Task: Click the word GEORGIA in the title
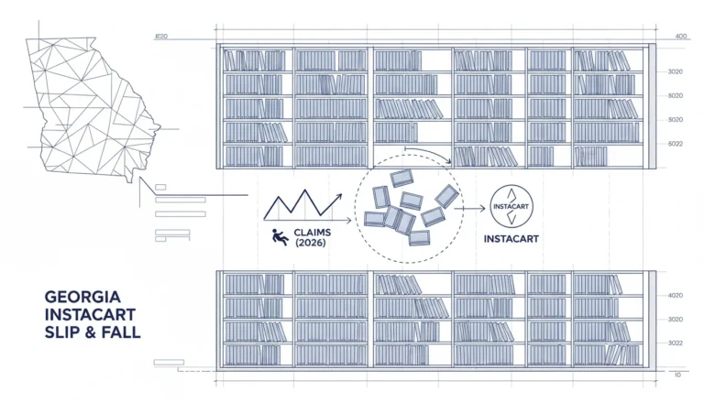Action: [x=82, y=297]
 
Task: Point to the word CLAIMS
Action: [x=313, y=233]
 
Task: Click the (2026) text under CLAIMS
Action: [x=311, y=243]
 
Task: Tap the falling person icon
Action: [x=280, y=237]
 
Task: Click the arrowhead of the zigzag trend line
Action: [x=338, y=197]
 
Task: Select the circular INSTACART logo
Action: [x=511, y=206]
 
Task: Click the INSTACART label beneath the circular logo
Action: [x=511, y=239]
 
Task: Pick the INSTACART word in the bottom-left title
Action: [x=90, y=314]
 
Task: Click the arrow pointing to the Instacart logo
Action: [x=470, y=208]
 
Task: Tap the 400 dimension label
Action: [x=681, y=37]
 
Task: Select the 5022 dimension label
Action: [x=676, y=144]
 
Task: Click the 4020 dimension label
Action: [x=676, y=295]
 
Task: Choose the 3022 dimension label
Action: [x=676, y=343]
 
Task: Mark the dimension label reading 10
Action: [x=677, y=375]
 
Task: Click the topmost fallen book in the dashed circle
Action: [x=401, y=178]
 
